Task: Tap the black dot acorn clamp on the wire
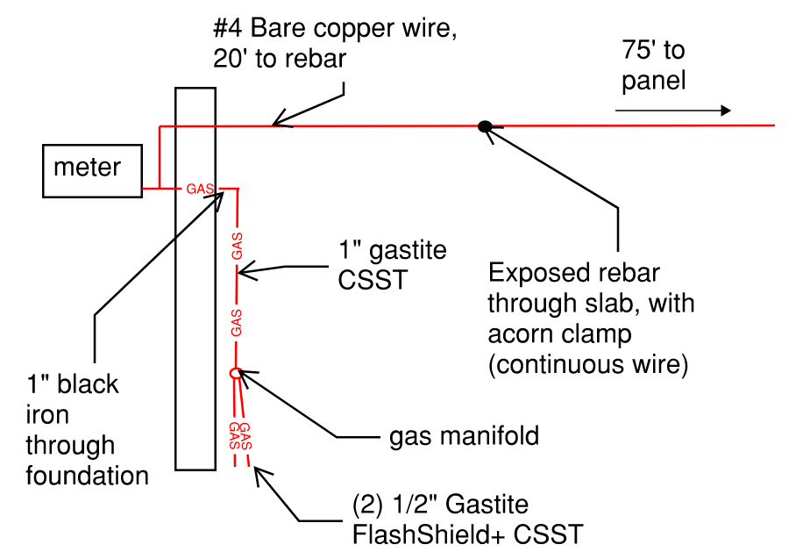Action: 484,126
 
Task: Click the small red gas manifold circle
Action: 235,372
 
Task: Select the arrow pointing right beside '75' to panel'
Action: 672,111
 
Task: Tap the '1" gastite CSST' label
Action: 391,264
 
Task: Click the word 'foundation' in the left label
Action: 88,476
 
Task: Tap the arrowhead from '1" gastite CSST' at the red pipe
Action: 244,273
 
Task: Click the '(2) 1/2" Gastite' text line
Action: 440,505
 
